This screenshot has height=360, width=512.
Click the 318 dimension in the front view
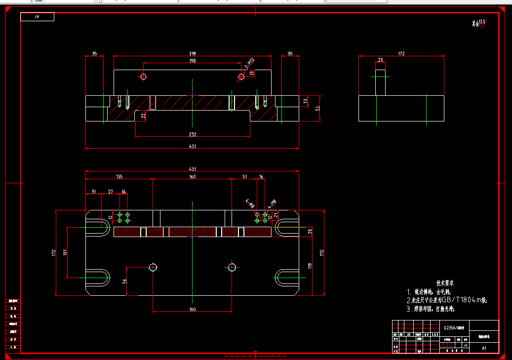click(x=193, y=53)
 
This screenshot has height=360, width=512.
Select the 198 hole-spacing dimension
click(x=193, y=61)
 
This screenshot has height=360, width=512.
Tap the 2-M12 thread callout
click(x=249, y=63)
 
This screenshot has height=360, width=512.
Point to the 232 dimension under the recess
click(x=193, y=134)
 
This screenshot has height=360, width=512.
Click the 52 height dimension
click(x=318, y=108)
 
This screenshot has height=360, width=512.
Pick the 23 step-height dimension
click(x=306, y=101)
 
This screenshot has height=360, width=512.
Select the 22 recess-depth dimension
click(x=143, y=116)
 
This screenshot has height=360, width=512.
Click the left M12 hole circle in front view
click(x=143, y=77)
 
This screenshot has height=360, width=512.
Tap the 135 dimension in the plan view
click(x=119, y=176)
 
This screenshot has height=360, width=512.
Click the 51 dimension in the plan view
click(x=244, y=176)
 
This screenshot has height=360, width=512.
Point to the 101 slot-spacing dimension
click(x=65, y=252)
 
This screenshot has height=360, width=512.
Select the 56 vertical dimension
click(x=124, y=281)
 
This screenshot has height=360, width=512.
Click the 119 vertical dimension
click(x=310, y=265)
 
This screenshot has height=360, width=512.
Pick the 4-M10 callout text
click(x=271, y=203)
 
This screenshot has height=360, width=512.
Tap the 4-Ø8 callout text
click(x=250, y=202)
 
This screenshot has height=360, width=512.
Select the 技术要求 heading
click(x=444, y=283)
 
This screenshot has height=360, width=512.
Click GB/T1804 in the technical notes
click(x=454, y=300)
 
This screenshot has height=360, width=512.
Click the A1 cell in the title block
click(x=484, y=348)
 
